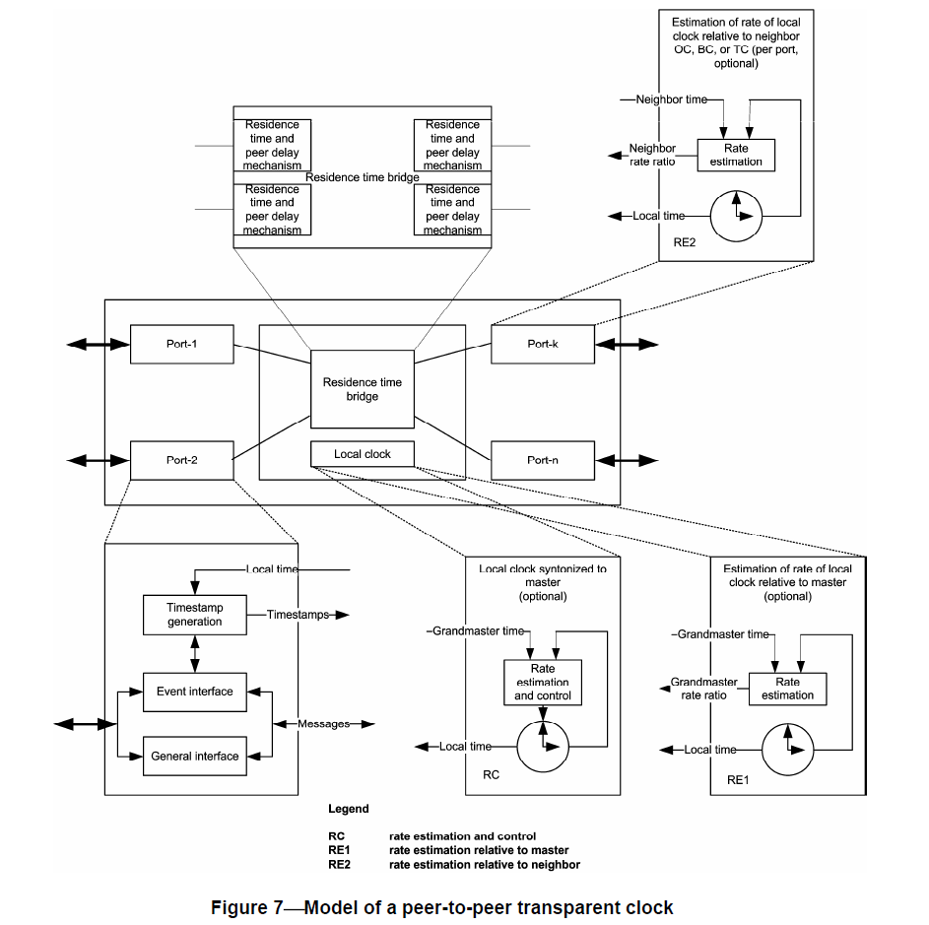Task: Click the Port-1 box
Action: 181,344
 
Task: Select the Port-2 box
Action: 181,460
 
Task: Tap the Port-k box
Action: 543,344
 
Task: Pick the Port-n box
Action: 543,460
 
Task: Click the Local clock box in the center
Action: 363,454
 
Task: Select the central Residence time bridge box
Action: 363,389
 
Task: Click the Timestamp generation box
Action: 194,615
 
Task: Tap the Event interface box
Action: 194,692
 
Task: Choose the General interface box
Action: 194,757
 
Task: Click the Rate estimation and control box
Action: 542,682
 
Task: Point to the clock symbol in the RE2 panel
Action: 737,214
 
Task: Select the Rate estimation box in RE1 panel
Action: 787,688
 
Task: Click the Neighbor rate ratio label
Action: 652,155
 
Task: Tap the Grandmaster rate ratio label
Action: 704,688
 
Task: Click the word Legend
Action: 349,809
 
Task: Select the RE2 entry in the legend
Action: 340,865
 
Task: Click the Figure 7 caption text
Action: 442,907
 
